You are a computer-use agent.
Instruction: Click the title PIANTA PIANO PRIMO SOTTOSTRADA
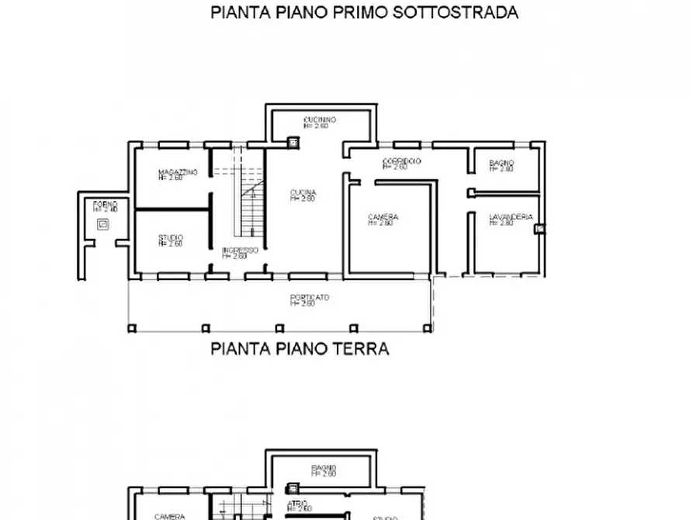coord(364,12)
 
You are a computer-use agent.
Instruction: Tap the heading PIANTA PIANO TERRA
coord(300,349)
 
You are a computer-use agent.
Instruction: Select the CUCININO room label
coord(319,120)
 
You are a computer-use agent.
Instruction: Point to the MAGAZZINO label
coord(178,172)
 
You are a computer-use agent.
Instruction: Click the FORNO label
coord(105,204)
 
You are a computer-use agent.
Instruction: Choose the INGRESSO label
coord(239,250)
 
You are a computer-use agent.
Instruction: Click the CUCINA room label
coord(303,192)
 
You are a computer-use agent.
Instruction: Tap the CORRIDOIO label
coord(401,161)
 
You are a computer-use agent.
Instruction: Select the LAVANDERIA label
coord(510,217)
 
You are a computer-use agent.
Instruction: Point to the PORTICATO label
coord(310,297)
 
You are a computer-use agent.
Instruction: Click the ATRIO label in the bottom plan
coord(299,504)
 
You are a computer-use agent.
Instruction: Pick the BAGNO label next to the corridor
coord(501,163)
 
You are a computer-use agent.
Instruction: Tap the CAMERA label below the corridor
coord(383,217)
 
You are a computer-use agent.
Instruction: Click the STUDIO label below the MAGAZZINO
coord(171,237)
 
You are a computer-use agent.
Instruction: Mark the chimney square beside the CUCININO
coord(293,141)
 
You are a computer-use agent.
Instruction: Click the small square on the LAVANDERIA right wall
coord(540,228)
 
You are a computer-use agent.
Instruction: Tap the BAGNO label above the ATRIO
coord(323,468)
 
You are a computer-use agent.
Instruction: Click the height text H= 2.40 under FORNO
coord(105,210)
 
